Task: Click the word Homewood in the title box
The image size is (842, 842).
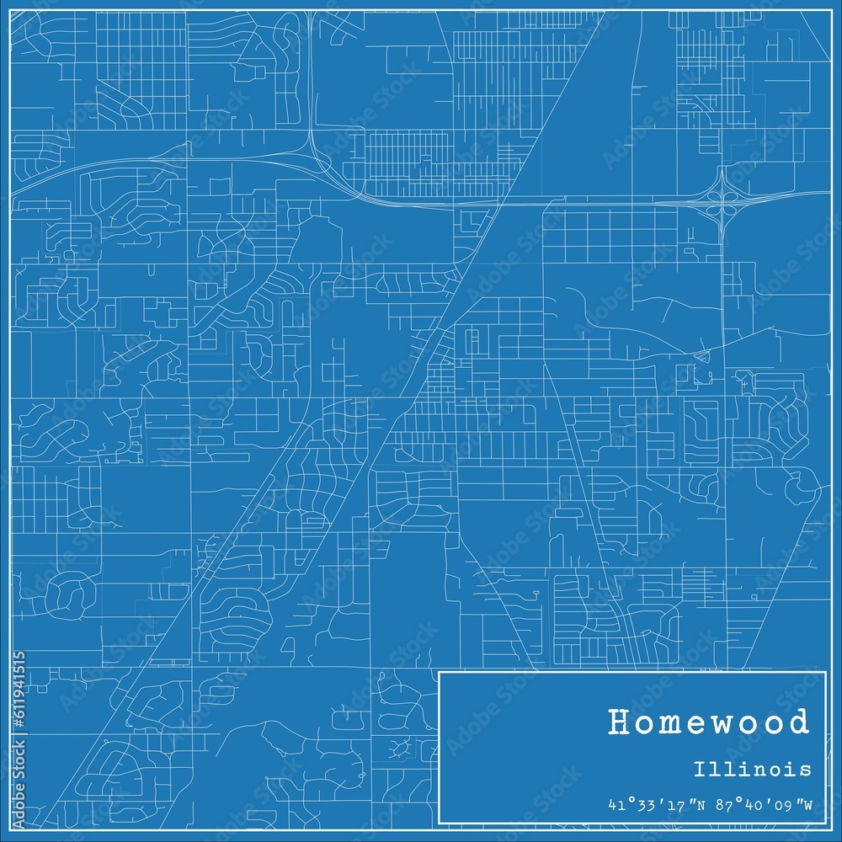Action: pos(708,722)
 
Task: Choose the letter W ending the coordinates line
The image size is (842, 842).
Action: pos(807,806)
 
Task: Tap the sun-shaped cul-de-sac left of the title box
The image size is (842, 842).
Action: pos(402,746)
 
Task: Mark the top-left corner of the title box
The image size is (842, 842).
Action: pos(440,672)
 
